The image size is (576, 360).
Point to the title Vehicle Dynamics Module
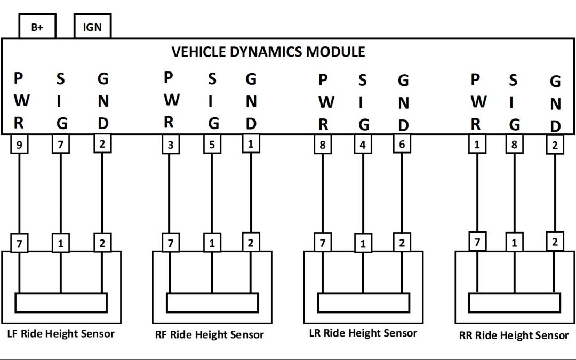tap(268, 52)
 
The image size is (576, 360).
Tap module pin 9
tap(19, 145)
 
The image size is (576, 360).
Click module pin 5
tap(212, 145)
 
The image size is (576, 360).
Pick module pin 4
tap(363, 145)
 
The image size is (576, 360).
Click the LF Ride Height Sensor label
tap(61, 334)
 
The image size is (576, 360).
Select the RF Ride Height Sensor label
tap(210, 335)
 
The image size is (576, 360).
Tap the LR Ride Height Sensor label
tap(363, 333)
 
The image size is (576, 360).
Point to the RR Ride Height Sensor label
tap(514, 335)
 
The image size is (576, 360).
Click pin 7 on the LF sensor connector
tap(19, 244)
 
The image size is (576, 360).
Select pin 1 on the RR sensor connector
tap(515, 243)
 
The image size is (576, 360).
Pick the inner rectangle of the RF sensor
tap(212, 303)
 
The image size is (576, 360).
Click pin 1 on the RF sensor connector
tap(212, 244)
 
